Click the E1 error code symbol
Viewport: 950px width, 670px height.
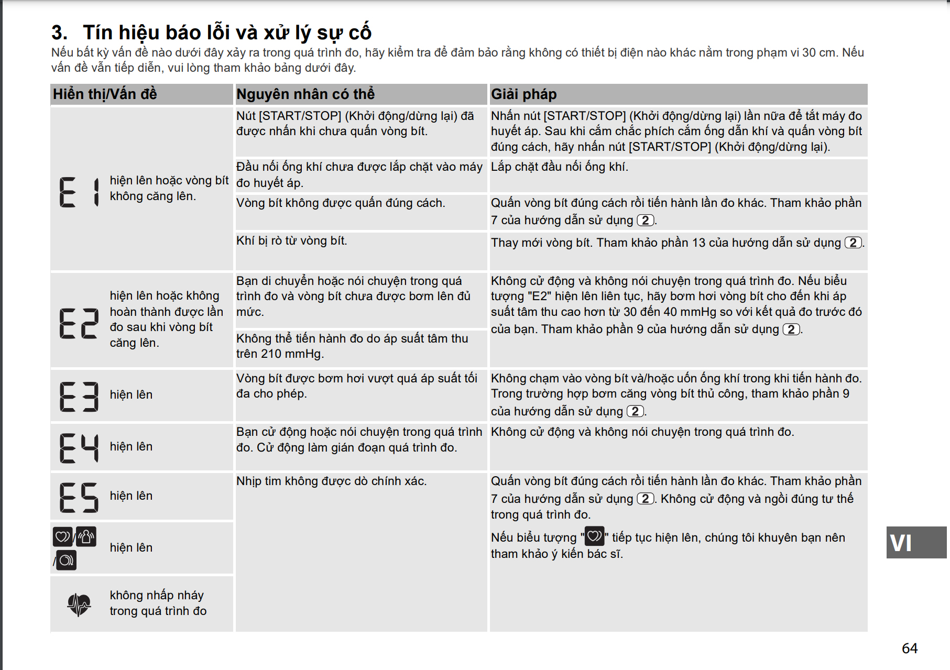(79, 192)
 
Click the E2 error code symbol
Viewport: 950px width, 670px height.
(79, 323)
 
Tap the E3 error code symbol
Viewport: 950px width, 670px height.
(79, 396)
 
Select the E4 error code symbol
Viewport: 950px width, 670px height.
(79, 448)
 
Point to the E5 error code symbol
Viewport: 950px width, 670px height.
(79, 497)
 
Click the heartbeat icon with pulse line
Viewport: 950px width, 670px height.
(79, 604)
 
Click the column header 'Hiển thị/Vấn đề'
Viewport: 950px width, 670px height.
(105, 94)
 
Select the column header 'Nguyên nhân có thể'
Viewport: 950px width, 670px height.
(305, 94)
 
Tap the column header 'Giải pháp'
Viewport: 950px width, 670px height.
(523, 94)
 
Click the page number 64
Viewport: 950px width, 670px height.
(910, 649)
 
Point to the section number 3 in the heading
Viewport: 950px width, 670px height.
(59, 33)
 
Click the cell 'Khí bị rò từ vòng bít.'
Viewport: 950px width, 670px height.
(291, 241)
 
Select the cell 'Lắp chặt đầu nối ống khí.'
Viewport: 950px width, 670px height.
(559, 167)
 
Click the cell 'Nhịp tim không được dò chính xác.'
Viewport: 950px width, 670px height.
(331, 481)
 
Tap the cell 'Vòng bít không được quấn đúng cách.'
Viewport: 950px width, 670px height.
(341, 203)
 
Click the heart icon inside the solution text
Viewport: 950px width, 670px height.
(594, 536)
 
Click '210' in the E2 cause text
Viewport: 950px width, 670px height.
(271, 354)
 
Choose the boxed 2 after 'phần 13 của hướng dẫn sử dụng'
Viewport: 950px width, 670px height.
(853, 243)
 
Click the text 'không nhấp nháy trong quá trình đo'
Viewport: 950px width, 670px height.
(158, 603)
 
